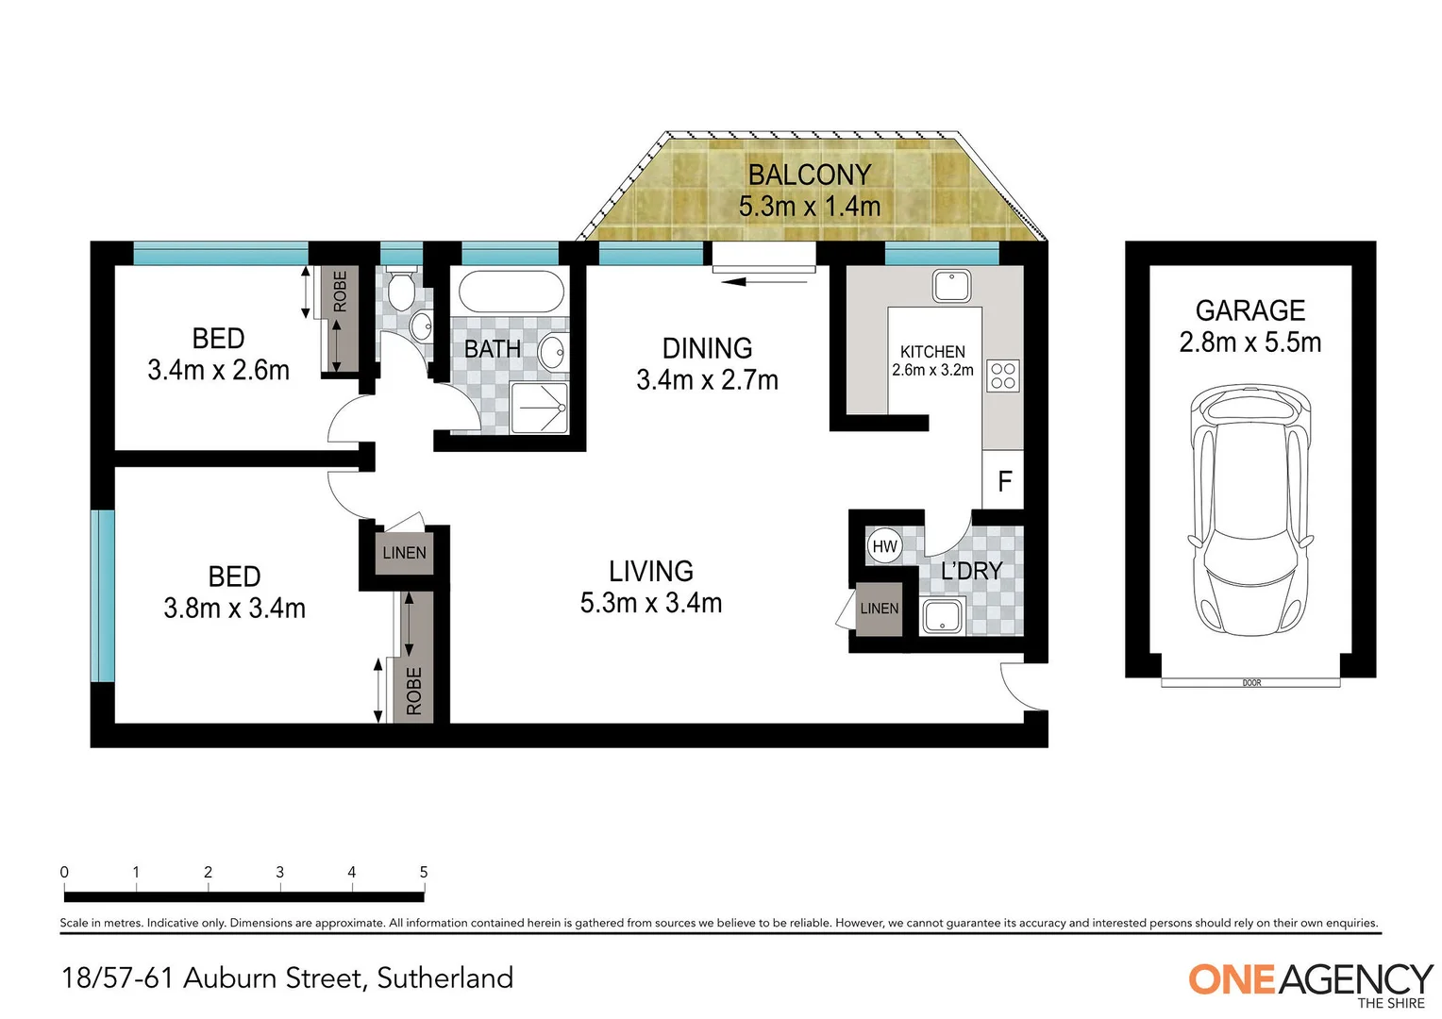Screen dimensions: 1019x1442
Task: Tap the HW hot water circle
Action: pos(884,546)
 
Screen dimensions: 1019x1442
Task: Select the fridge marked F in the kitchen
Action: pos(1003,481)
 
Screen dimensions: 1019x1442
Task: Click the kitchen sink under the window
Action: pos(951,286)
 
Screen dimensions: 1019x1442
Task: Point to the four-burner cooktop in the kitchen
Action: pos(1003,376)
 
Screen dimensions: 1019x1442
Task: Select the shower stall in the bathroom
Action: pos(540,408)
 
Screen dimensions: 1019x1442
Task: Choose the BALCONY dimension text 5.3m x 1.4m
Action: pos(809,206)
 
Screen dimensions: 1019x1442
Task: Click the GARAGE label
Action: pos(1249,310)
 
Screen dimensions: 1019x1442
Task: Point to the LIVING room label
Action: pos(650,571)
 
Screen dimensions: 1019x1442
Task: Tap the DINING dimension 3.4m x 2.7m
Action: pos(707,380)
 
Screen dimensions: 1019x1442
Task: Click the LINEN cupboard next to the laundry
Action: pos(879,609)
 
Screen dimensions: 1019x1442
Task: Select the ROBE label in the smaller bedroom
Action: pos(340,292)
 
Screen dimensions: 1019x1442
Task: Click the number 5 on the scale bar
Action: pos(424,873)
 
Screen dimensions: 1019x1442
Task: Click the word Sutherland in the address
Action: pos(444,977)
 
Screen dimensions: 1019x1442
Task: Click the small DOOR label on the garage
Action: pos(1251,682)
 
